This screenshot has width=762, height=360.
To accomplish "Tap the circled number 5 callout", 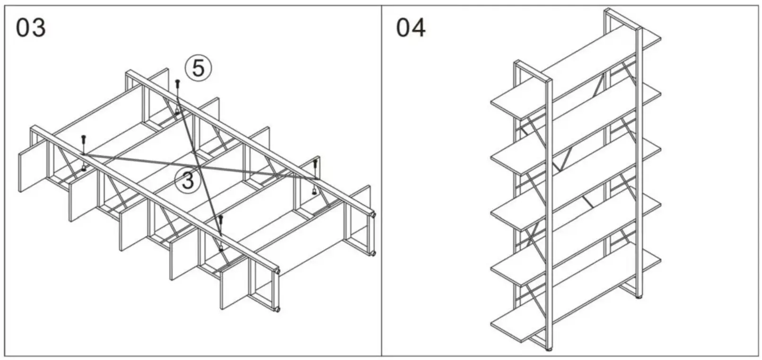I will (x=198, y=68).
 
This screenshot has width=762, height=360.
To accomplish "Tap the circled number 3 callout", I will (x=188, y=181).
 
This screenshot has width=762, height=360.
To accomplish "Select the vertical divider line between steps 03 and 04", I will (x=382, y=180).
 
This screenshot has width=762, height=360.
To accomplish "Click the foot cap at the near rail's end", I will (x=277, y=272).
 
